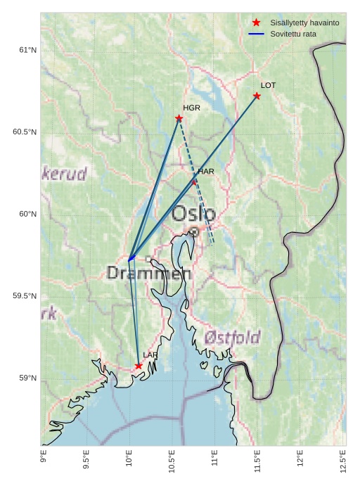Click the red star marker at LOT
click(257, 96)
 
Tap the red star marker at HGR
click(179, 118)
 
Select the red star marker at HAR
click(195, 182)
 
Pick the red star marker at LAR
click(139, 366)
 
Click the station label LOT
click(268, 85)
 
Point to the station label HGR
click(191, 108)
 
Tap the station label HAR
click(206, 171)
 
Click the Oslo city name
click(194, 213)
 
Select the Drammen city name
click(149, 274)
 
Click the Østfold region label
click(233, 337)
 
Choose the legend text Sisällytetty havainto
click(304, 23)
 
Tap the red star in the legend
click(256, 23)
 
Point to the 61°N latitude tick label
click(27, 50)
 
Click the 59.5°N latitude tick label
click(25, 296)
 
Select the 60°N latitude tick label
click(27, 214)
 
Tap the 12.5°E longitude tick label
click(343, 461)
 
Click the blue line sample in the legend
click(256, 34)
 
